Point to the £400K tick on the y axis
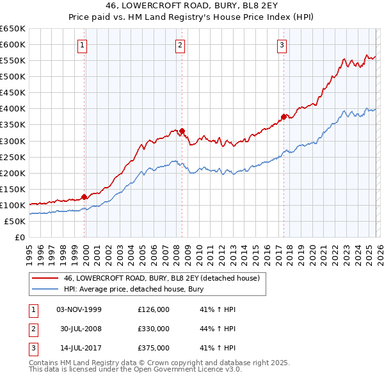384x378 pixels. pos(13,108)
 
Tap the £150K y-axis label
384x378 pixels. pos(13,189)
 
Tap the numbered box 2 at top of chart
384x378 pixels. pos(180,45)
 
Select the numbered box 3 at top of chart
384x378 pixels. pos(282,45)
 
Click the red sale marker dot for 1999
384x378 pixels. pos(84,197)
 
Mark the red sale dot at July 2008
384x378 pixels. pos(182,131)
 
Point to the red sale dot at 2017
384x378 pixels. pos(283,117)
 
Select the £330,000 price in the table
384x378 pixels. pos(154,329)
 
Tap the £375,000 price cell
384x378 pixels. pos(154,348)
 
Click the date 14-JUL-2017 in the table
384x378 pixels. pos(79,348)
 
